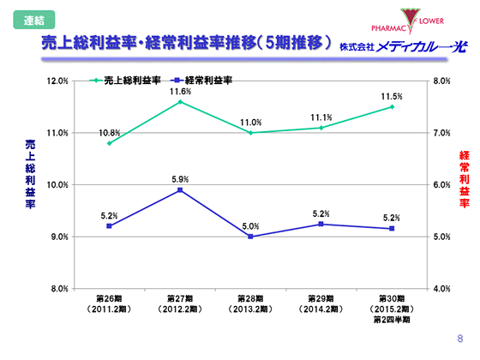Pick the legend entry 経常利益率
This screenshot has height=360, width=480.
point(207,80)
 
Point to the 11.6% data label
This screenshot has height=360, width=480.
point(180,91)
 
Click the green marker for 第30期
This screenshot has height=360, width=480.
point(392,106)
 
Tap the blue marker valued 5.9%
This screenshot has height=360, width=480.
point(180,189)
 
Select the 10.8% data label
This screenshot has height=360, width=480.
point(110,133)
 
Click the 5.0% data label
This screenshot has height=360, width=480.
point(250,226)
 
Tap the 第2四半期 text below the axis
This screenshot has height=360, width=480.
point(392,320)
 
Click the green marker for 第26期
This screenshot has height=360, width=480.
point(110,143)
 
